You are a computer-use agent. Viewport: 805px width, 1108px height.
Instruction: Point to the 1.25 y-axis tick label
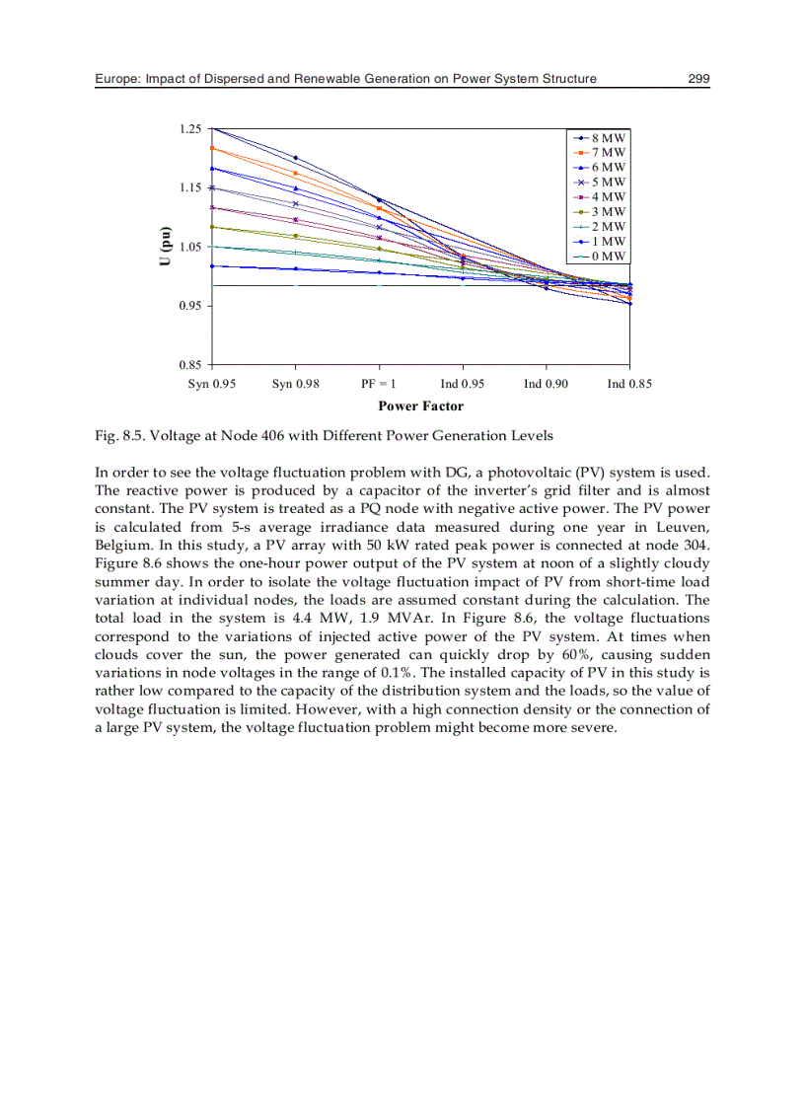click(189, 129)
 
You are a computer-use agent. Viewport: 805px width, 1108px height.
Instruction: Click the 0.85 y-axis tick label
click(189, 365)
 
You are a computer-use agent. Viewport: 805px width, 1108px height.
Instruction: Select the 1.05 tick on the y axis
click(189, 247)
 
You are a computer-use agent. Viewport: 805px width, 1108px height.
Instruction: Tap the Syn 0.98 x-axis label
click(295, 384)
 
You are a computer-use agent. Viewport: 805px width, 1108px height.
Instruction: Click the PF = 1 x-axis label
click(379, 384)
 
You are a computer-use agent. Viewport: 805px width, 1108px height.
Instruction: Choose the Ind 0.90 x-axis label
click(546, 384)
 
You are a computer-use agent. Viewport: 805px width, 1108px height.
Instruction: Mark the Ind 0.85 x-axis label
click(629, 384)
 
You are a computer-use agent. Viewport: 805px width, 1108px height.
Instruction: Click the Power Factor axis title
click(420, 406)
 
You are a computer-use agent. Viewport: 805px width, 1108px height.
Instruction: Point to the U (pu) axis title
click(168, 246)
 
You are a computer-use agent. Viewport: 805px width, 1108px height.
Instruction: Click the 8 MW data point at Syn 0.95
click(213, 128)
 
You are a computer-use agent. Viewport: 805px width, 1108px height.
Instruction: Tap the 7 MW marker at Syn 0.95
click(213, 148)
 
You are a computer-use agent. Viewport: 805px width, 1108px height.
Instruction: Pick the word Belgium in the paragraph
click(123, 544)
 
